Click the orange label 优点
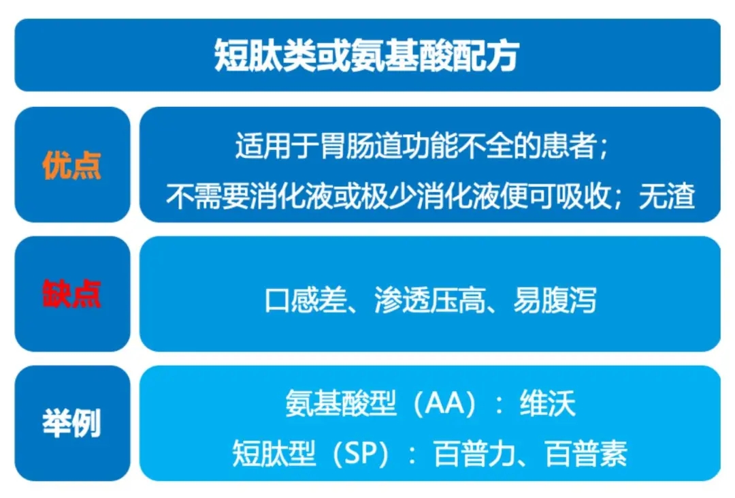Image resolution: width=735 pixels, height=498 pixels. [x=71, y=166]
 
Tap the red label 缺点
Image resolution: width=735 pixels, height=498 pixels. [x=71, y=294]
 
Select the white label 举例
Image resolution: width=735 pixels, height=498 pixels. [x=71, y=423]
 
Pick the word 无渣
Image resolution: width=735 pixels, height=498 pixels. [x=667, y=196]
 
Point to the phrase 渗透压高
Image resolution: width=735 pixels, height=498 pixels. [x=430, y=300]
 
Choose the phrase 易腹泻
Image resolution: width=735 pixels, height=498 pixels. [x=555, y=300]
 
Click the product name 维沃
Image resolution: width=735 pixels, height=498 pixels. [x=547, y=403]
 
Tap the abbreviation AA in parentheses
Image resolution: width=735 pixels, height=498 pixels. [x=444, y=403]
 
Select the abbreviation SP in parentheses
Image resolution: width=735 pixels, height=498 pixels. [x=361, y=453]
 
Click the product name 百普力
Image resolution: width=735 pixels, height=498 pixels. [x=475, y=453]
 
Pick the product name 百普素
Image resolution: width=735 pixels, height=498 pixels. [x=586, y=453]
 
